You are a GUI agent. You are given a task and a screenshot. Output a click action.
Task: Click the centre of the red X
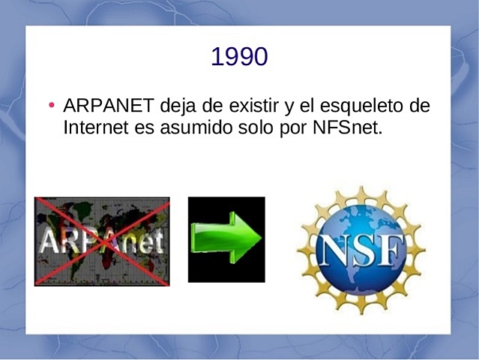coord(102,241)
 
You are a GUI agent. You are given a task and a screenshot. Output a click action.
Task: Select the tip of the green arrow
coord(259,239)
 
